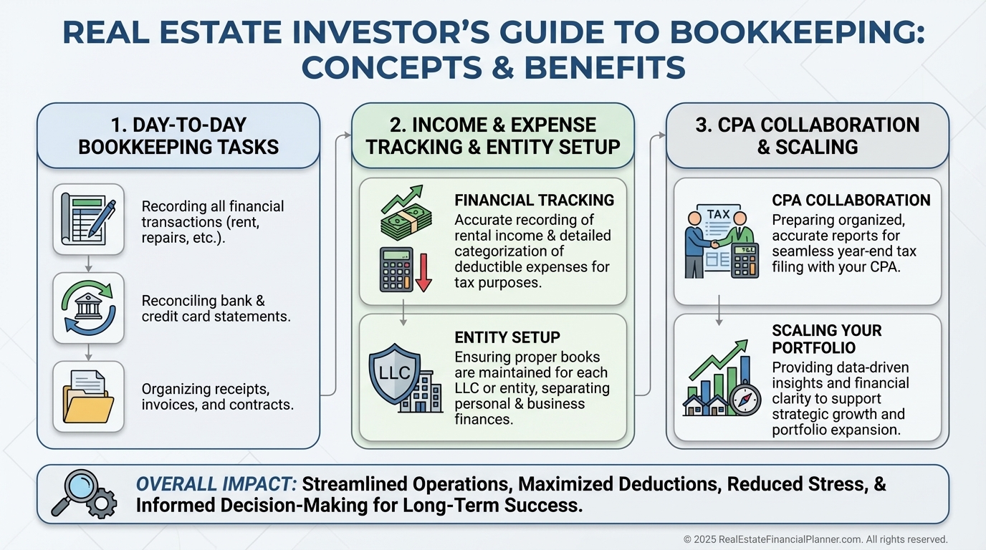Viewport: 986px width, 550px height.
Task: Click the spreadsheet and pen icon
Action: pyautogui.click(x=88, y=219)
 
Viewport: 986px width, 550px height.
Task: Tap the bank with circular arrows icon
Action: pyautogui.click(x=88, y=307)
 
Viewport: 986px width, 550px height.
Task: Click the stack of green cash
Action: pyautogui.click(x=406, y=221)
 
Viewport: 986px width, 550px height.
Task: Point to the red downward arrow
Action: pyautogui.click(x=423, y=273)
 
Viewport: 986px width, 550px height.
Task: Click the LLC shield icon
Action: pyautogui.click(x=394, y=373)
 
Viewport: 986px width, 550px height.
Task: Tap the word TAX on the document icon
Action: pyautogui.click(x=719, y=214)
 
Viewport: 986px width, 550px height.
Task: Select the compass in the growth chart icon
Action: pyautogui.click(x=745, y=400)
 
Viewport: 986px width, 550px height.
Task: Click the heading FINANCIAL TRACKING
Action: pyautogui.click(x=534, y=201)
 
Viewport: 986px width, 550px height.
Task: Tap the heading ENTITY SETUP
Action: pyautogui.click(x=507, y=337)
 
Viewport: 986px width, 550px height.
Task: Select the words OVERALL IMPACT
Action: pyautogui.click(x=216, y=484)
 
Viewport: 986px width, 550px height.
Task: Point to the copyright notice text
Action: pyautogui.click(x=815, y=539)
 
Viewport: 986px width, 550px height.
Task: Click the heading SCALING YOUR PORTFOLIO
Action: pyautogui.click(x=827, y=339)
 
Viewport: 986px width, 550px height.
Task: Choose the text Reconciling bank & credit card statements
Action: pyautogui.click(x=216, y=309)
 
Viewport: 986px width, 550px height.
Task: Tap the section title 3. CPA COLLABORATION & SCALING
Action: pyautogui.click(x=808, y=136)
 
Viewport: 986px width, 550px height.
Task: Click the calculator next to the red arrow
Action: pyautogui.click(x=396, y=270)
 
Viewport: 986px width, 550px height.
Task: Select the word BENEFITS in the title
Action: pyautogui.click(x=605, y=67)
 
